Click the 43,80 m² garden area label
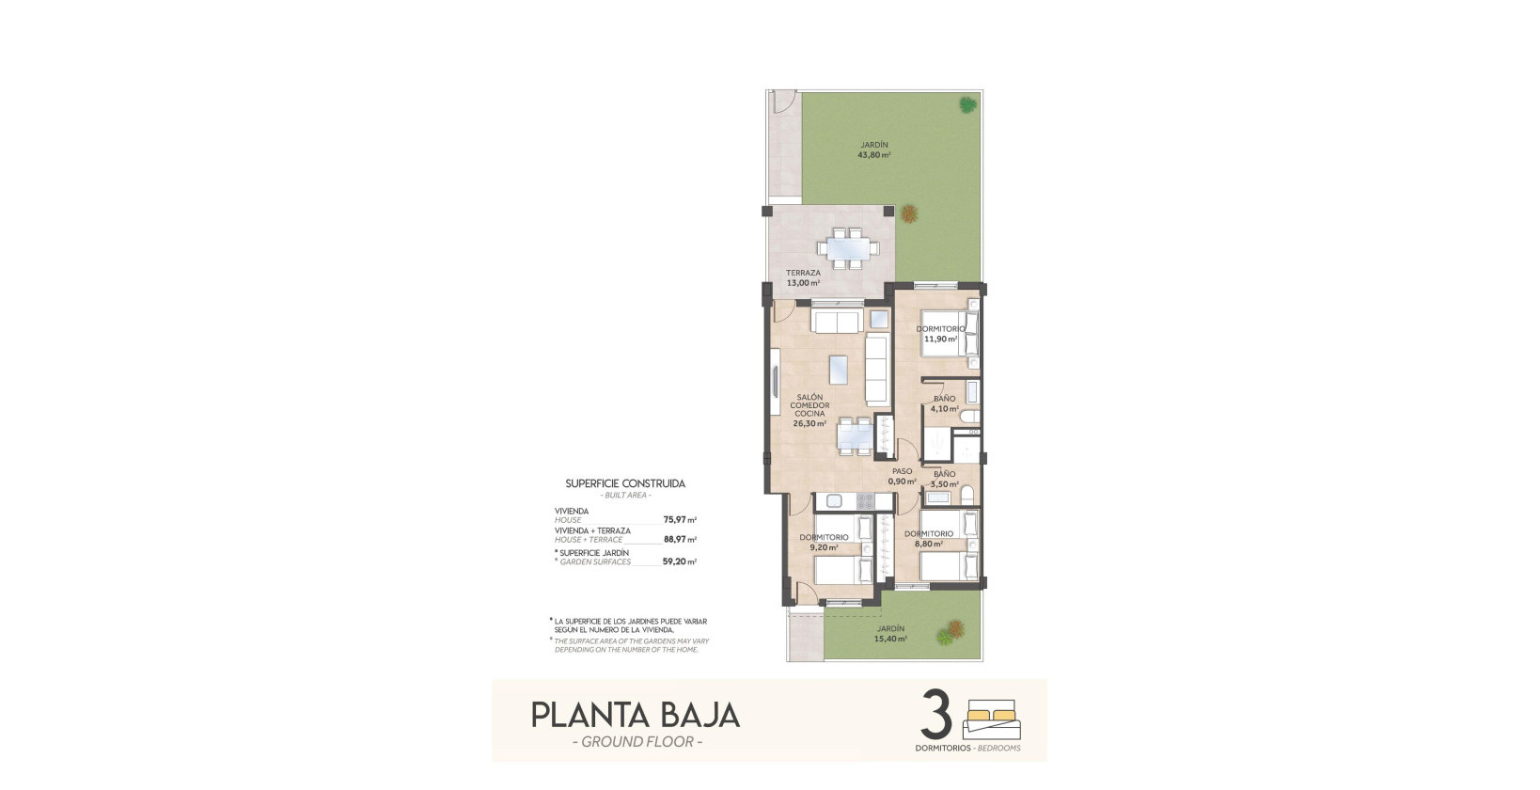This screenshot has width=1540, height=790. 873,150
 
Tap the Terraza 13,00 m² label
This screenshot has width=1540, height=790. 803,277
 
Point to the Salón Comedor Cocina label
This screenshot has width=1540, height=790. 809,410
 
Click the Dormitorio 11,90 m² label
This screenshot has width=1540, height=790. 940,334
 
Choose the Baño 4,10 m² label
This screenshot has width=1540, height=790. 944,404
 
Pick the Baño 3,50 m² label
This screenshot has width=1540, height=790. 944,480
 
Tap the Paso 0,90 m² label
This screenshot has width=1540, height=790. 902,477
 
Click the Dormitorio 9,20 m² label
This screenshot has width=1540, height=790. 824,543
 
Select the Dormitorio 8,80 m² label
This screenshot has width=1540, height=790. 929,538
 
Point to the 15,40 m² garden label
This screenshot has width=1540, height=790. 890,634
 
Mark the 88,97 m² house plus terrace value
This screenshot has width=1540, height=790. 679,540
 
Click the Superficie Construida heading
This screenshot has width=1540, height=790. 625,483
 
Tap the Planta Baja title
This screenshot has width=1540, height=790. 636,715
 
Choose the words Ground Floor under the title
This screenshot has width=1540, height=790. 636,742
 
